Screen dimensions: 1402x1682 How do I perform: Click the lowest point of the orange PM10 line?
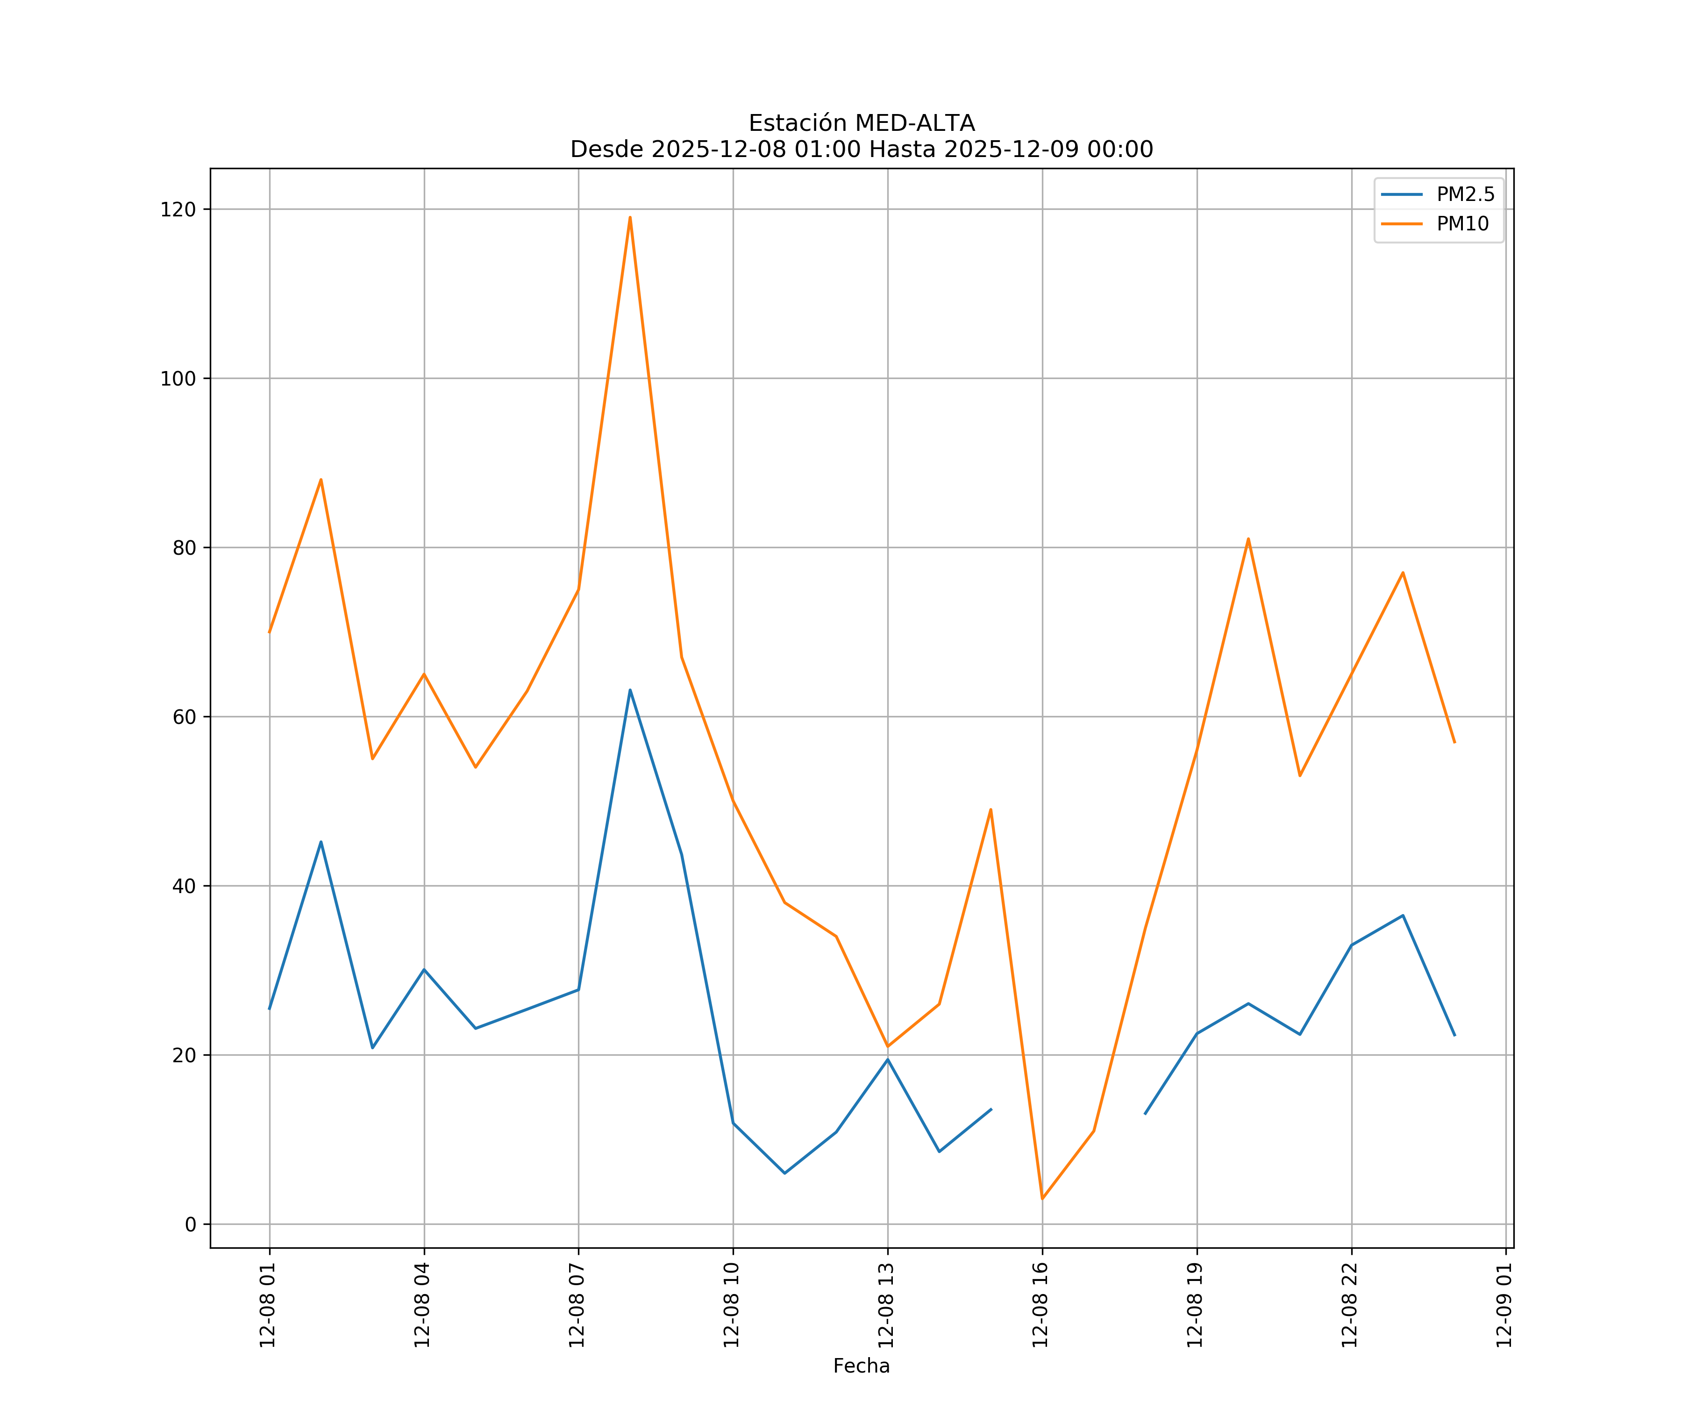[1042, 1199]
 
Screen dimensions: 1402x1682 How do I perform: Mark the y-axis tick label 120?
[178, 210]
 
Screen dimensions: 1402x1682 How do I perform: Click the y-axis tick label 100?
[178, 379]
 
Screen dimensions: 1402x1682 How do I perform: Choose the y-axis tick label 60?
[184, 717]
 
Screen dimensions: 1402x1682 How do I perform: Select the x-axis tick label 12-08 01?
[268, 1305]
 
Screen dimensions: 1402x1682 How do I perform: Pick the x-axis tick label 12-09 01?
[1505, 1305]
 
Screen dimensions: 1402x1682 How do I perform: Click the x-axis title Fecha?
[861, 1366]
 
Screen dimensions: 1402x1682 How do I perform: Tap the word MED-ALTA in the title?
[915, 123]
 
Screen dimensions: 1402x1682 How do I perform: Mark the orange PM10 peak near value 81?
[1248, 539]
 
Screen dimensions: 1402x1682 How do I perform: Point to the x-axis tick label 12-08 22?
[1350, 1305]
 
